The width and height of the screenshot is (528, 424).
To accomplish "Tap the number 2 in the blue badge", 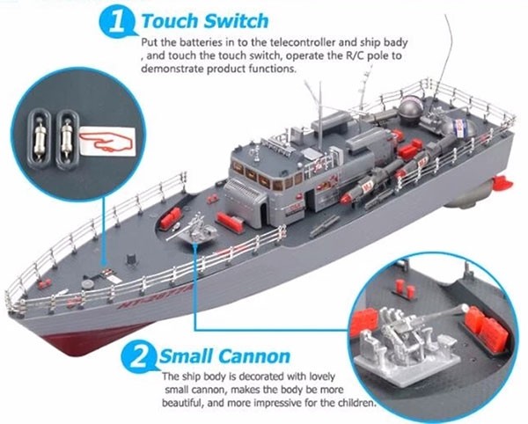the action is tap(138, 357).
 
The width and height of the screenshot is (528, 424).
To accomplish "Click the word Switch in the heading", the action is tap(237, 21).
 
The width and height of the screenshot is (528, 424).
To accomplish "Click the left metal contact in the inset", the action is tap(40, 138).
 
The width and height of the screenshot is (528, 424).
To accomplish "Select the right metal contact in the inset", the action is tap(67, 139).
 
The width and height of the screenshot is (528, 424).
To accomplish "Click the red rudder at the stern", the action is tap(502, 182).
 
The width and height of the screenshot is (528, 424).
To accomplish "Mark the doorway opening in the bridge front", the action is tap(264, 212).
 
